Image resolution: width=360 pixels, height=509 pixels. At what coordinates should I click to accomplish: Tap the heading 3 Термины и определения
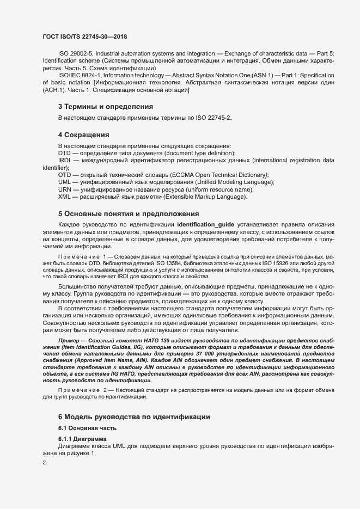(105, 106)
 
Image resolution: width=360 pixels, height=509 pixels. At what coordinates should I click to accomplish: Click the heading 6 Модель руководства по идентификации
(134, 416)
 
